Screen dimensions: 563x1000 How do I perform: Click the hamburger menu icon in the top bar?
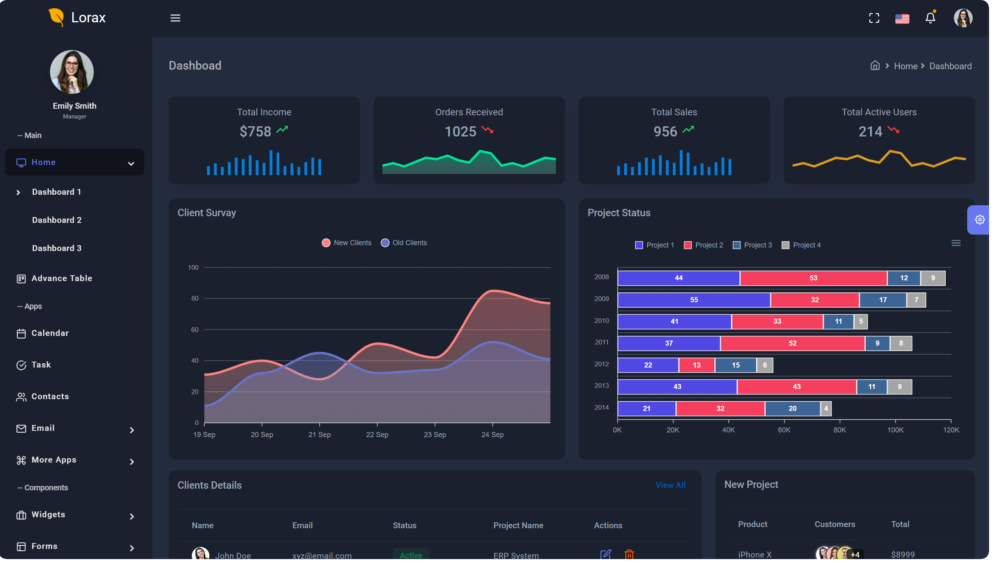click(x=175, y=18)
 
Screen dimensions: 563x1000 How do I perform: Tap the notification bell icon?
click(x=930, y=18)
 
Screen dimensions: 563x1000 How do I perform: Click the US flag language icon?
click(x=902, y=18)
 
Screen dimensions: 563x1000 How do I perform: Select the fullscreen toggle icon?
click(x=874, y=18)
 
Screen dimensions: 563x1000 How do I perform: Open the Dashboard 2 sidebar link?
click(x=57, y=220)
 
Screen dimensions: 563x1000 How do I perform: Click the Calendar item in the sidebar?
click(x=50, y=333)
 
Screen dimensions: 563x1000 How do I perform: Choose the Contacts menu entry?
click(x=50, y=396)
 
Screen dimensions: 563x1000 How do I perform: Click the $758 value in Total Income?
click(x=255, y=132)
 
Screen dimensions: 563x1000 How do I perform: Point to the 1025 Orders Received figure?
click(x=460, y=132)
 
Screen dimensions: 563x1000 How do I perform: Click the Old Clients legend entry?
click(x=404, y=243)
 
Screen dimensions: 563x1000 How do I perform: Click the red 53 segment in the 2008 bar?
click(x=813, y=278)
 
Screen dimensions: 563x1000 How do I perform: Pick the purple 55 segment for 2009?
click(x=693, y=300)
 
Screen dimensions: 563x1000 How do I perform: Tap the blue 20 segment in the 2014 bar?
click(x=792, y=409)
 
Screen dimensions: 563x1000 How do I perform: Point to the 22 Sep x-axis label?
click(x=377, y=435)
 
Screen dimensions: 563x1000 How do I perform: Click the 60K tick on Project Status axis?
click(x=784, y=430)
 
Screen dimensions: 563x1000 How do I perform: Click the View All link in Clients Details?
click(x=670, y=485)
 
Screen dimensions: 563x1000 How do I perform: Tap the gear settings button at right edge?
click(x=979, y=220)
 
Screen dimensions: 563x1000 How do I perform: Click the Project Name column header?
click(x=518, y=525)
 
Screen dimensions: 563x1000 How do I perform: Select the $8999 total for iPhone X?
click(x=902, y=554)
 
